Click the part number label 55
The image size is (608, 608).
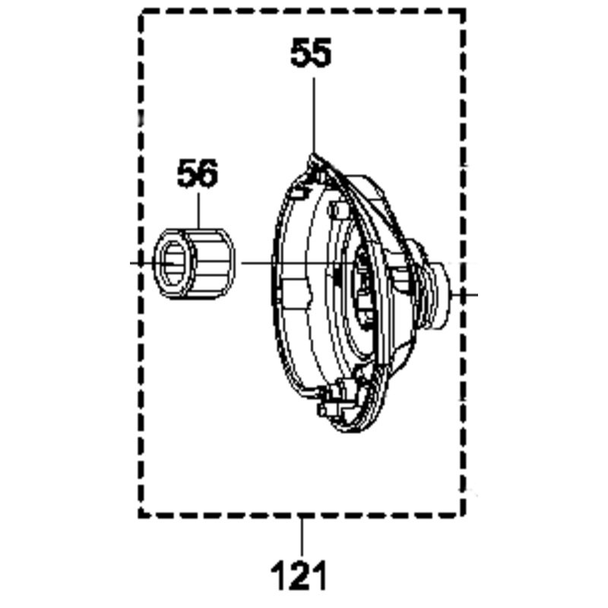[311, 52]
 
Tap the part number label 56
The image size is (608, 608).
[198, 173]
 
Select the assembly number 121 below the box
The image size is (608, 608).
[299, 576]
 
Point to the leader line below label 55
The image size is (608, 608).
[314, 116]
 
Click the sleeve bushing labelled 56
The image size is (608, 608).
[194, 264]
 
